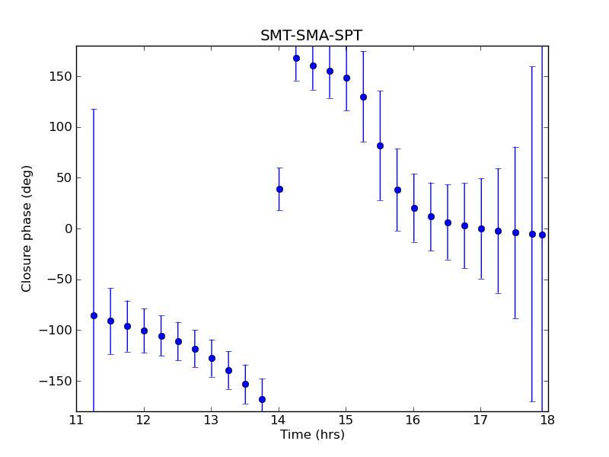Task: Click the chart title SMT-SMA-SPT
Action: pyautogui.click(x=311, y=36)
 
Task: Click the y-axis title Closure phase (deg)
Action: pyautogui.click(x=27, y=228)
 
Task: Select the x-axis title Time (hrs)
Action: pyautogui.click(x=312, y=435)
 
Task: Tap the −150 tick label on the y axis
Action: pyautogui.click(x=56, y=381)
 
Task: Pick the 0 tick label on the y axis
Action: pyautogui.click(x=67, y=228)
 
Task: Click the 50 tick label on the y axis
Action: pyautogui.click(x=62, y=177)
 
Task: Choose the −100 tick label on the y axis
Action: pyautogui.click(x=56, y=330)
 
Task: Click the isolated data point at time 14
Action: pyautogui.click(x=279, y=189)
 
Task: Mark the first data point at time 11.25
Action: pyautogui.click(x=94, y=315)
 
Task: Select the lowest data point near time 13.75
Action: pyautogui.click(x=262, y=399)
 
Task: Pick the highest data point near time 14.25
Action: pyautogui.click(x=296, y=58)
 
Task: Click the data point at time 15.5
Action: pyautogui.click(x=380, y=145)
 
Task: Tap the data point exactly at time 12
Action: pyautogui.click(x=144, y=331)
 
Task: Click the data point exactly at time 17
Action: pyautogui.click(x=481, y=228)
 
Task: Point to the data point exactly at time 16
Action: pyautogui.click(x=414, y=208)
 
